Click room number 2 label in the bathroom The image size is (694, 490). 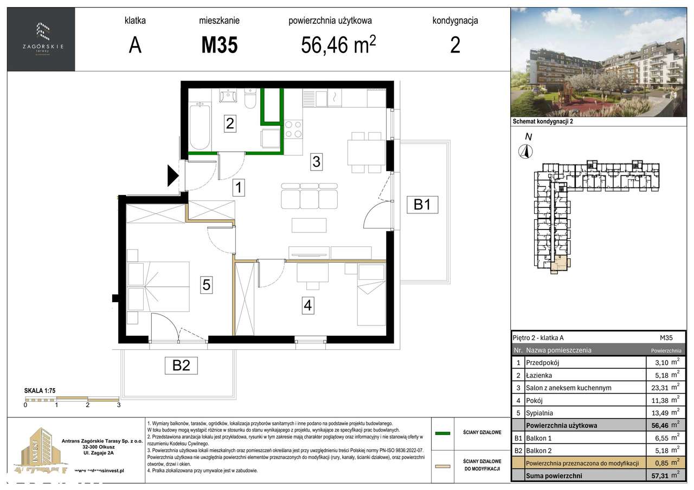click(230, 123)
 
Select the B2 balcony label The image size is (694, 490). click(181, 365)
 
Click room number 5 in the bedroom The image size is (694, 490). click(206, 284)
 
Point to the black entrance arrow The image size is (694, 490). click(172, 175)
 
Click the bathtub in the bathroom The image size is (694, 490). click(200, 127)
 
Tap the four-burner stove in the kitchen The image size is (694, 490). click(293, 129)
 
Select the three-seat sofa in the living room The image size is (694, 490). click(310, 195)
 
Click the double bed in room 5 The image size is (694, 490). click(158, 286)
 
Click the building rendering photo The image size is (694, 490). click(599, 62)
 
